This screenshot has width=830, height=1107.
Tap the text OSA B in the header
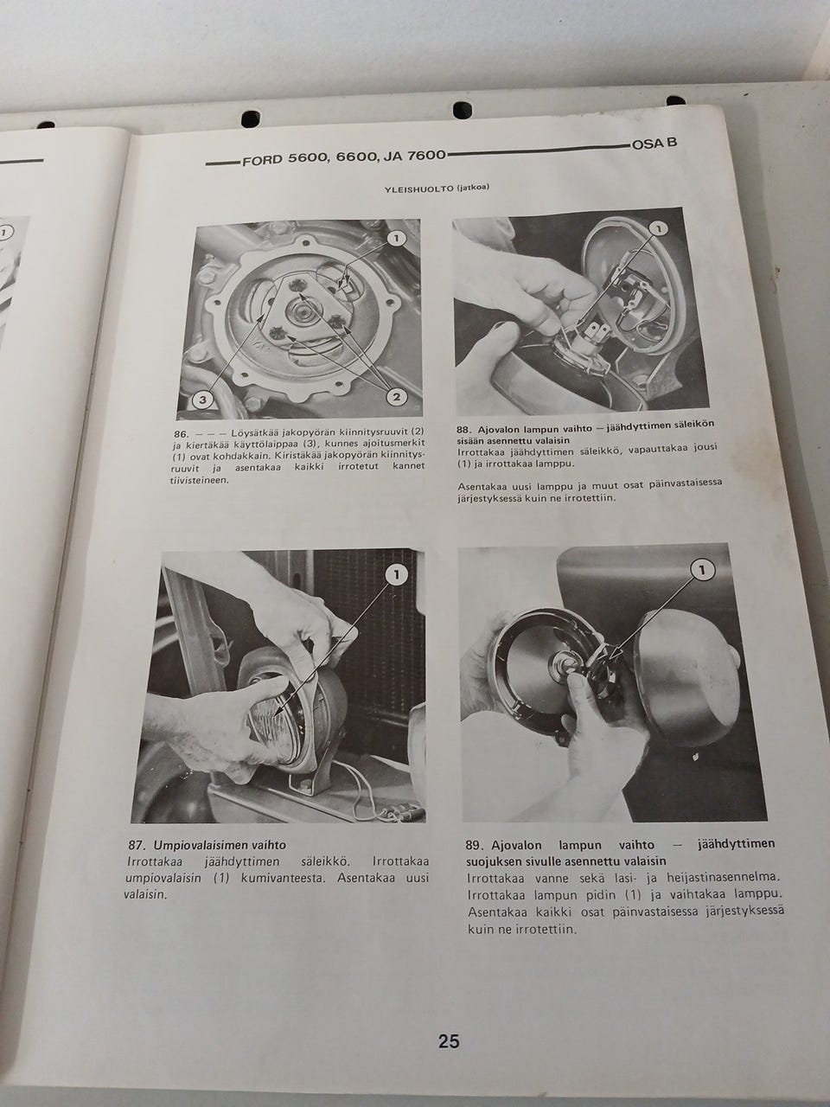click(654, 144)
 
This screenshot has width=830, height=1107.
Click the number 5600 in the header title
click(308, 158)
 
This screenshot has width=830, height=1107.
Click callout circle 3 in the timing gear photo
click(202, 400)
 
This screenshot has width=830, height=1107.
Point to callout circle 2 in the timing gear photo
click(396, 397)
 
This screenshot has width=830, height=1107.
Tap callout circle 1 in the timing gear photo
click(396, 239)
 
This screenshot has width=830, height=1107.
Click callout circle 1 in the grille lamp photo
click(657, 229)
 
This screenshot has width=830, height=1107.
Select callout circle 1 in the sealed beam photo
click(397, 575)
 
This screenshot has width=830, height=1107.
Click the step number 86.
click(180, 434)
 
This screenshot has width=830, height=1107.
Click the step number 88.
click(463, 430)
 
